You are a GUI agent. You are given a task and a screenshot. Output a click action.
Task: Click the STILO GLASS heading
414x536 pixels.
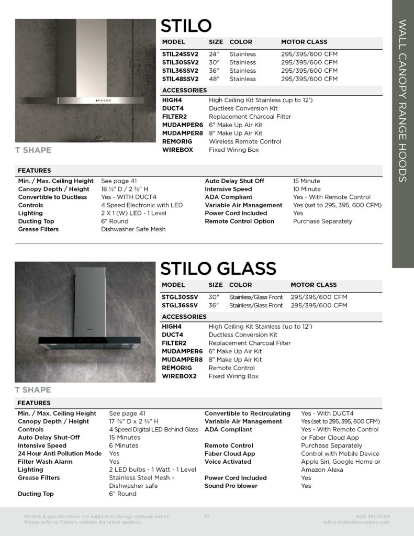(218, 268)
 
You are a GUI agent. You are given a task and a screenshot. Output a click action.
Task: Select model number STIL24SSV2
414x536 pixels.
(180, 54)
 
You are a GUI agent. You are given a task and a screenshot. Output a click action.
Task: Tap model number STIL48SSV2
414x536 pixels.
(180, 79)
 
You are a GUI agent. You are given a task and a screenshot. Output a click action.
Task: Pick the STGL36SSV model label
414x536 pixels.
(180, 305)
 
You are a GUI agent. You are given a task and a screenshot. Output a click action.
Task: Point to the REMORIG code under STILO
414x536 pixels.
(177, 141)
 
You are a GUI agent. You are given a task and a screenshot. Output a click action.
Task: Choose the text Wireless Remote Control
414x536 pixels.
(244, 141)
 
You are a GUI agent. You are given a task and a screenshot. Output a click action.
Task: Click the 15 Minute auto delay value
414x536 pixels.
(306, 181)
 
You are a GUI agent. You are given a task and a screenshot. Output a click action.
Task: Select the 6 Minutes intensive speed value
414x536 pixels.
(124, 445)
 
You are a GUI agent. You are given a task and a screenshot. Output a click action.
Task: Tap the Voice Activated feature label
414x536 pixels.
(227, 462)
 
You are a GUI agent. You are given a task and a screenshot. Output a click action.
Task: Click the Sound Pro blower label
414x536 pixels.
(231, 486)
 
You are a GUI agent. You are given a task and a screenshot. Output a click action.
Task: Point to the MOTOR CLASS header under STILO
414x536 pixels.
(304, 42)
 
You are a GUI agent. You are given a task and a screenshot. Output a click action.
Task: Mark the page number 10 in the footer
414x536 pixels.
(207, 517)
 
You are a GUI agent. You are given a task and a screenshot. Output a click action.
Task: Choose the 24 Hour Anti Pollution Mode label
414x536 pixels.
(60, 453)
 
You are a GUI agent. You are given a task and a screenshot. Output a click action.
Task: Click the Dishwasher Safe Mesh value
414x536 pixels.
(133, 229)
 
